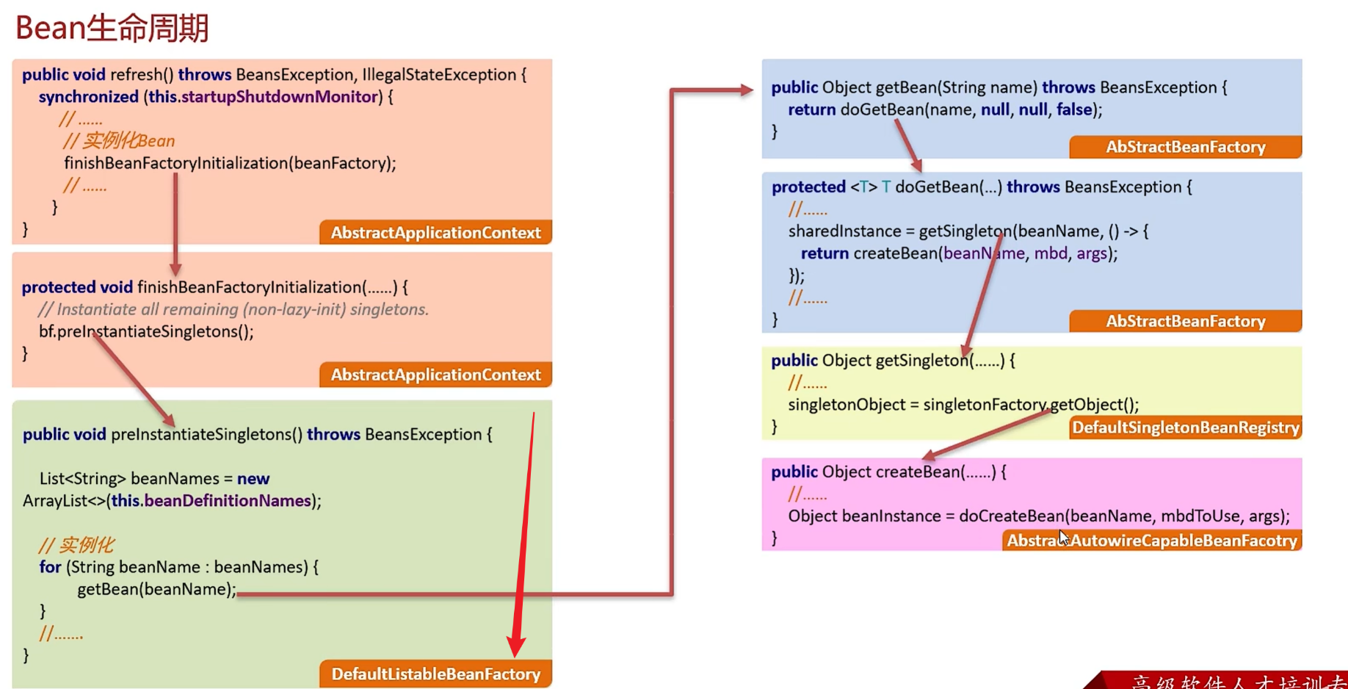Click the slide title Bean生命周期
pos(112,28)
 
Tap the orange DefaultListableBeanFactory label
pos(435,674)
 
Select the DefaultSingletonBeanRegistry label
pos(1185,428)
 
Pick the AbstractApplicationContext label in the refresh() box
pos(435,233)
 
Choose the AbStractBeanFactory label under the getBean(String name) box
pos(1185,147)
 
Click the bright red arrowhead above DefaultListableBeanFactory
pos(516,646)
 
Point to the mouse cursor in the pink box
pos(1063,537)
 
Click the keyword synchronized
pos(88,97)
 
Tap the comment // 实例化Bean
pos(119,141)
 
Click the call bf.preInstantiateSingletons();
pos(146,331)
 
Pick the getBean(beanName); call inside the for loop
pos(156,589)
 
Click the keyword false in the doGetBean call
pos(1074,109)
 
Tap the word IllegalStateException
pos(439,75)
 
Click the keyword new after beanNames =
pos(253,479)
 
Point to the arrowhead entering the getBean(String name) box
pos(746,90)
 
